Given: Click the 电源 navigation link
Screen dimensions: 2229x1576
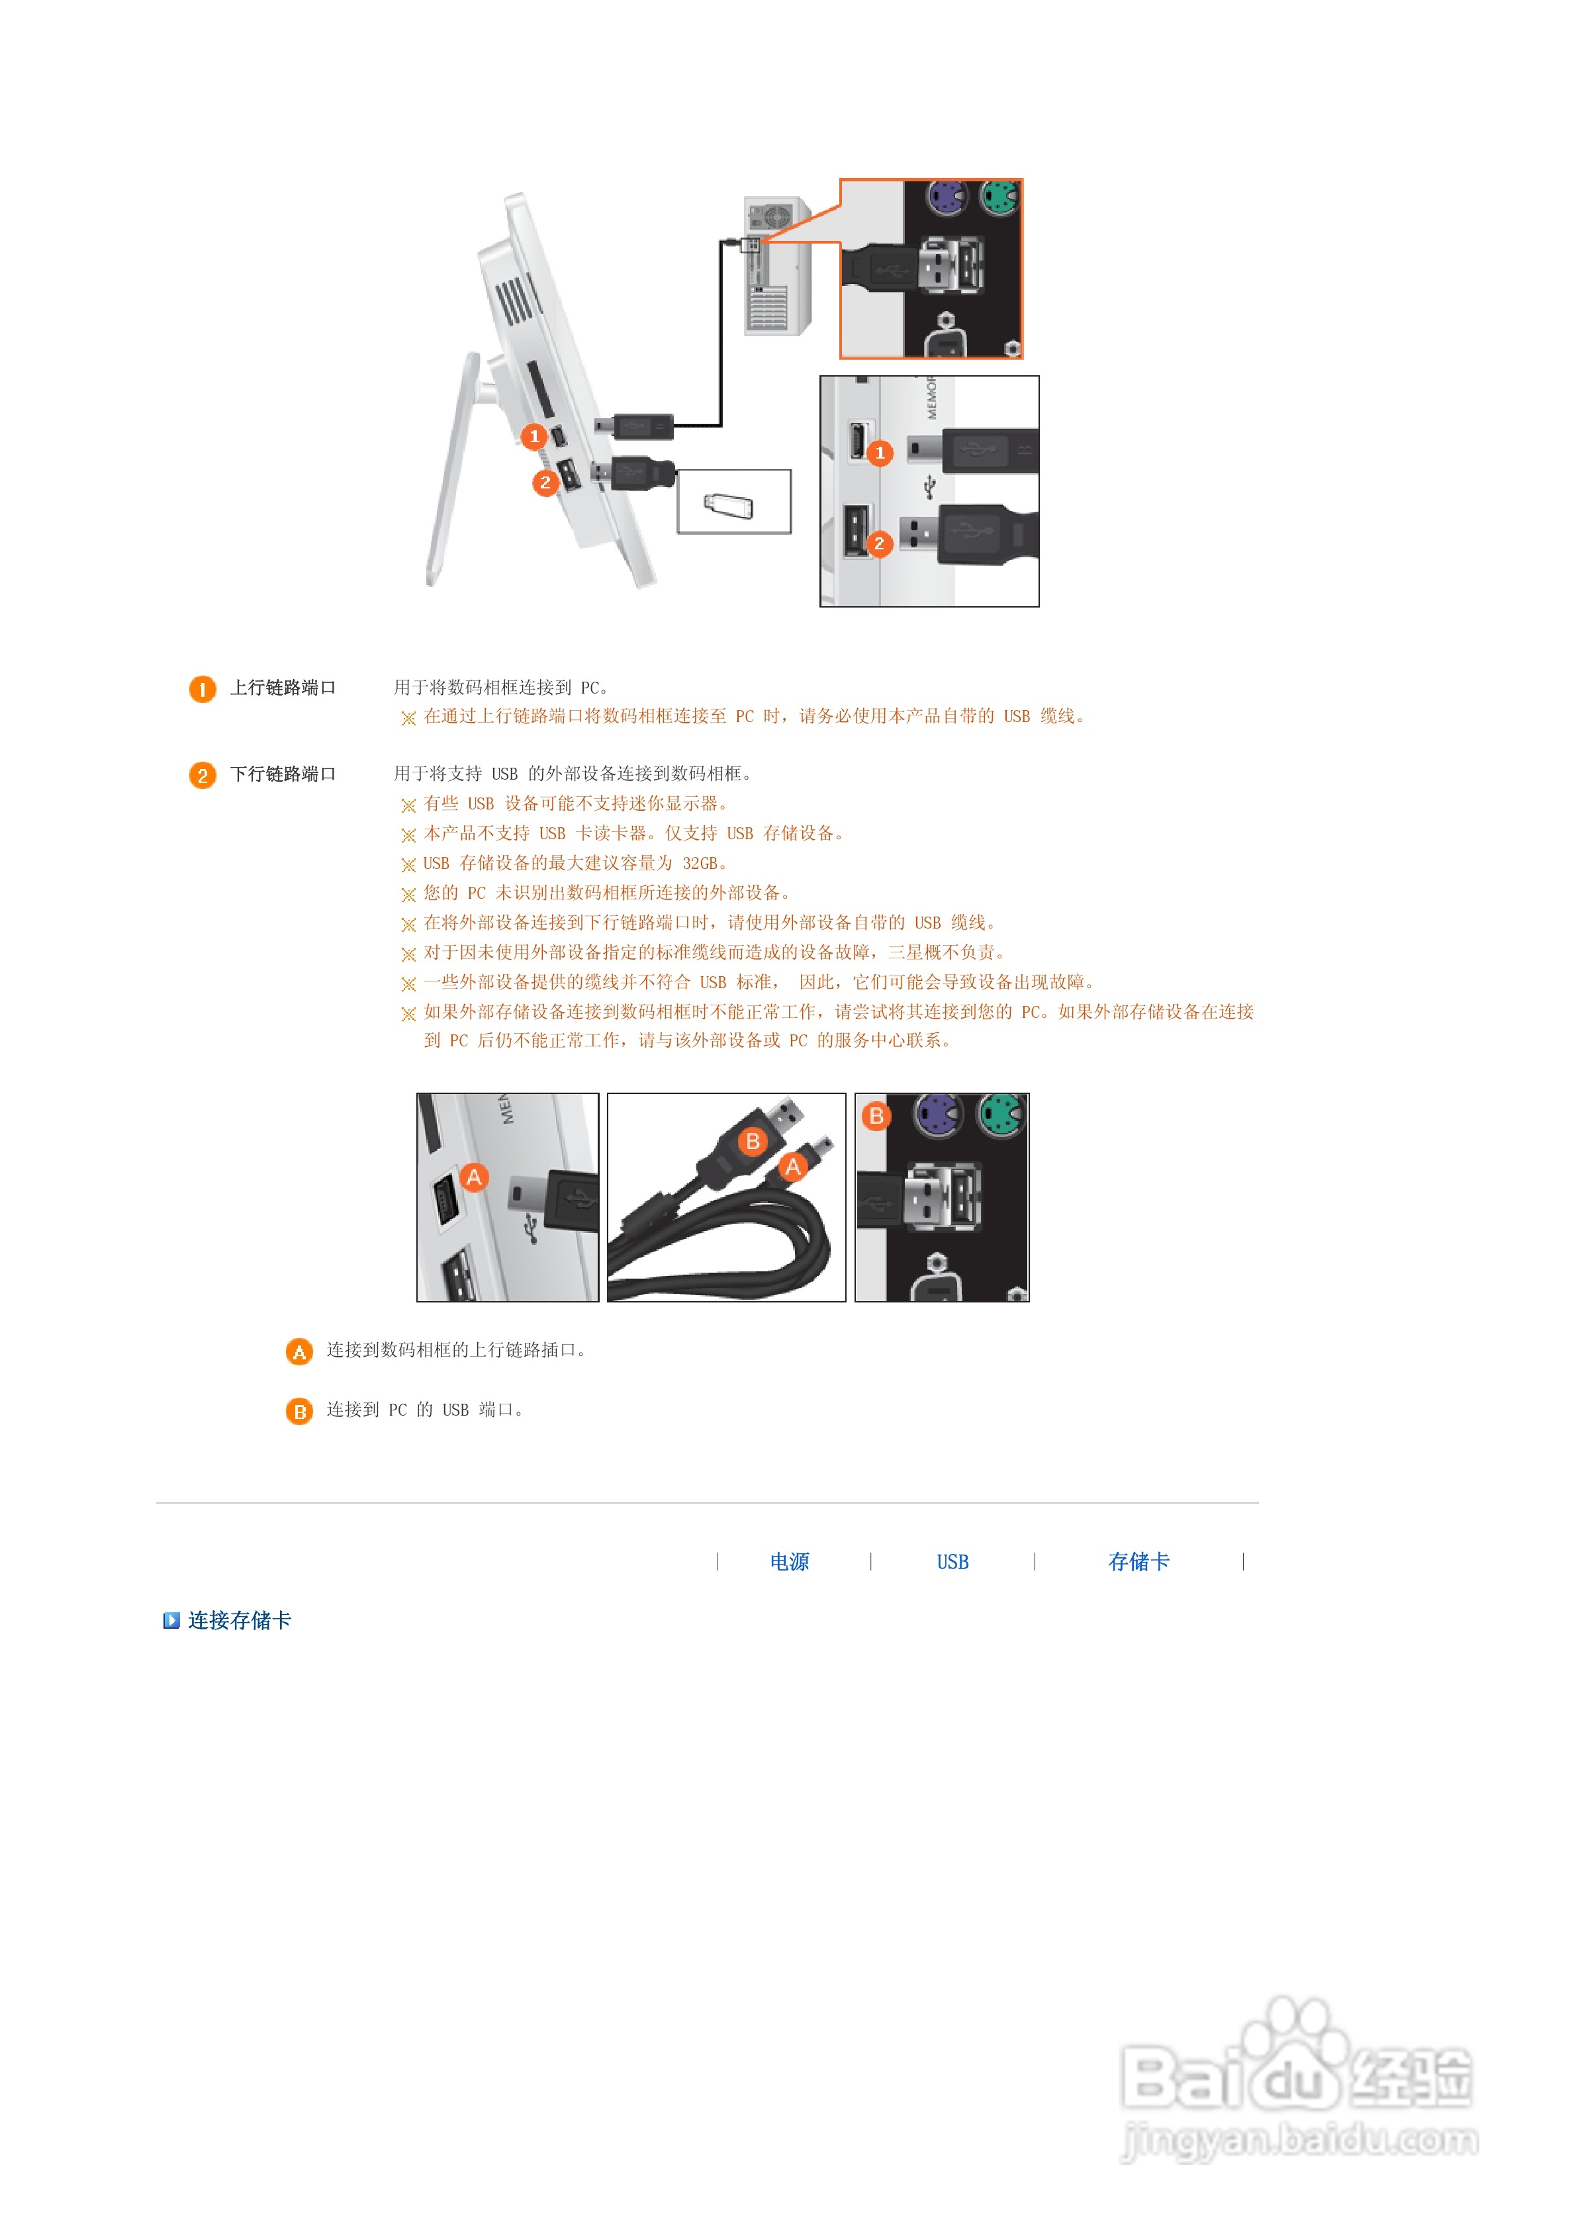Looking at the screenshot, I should coord(788,1561).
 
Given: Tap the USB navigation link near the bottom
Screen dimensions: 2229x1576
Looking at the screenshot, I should coord(952,1561).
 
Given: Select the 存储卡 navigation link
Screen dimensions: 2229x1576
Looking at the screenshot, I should coord(1138,1561).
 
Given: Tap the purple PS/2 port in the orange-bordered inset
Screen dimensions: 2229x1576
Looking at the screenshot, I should coord(945,197).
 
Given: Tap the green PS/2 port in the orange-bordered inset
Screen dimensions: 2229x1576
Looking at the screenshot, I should coord(999,197).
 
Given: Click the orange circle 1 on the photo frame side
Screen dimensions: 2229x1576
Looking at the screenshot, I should coord(533,437).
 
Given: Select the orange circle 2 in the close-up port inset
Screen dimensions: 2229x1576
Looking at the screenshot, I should coord(879,543).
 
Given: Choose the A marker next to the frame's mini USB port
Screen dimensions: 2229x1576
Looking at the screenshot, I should coord(474,1177).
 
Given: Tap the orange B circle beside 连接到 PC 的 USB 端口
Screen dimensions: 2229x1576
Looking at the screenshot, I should coord(299,1410).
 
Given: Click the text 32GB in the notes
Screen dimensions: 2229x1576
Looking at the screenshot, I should coord(699,863).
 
